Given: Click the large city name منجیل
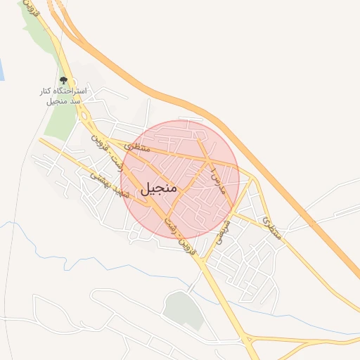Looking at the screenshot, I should pyautogui.click(x=161, y=189).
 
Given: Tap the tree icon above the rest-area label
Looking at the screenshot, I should pyautogui.click(x=64, y=81).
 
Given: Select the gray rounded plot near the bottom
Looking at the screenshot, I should pyautogui.click(x=183, y=309).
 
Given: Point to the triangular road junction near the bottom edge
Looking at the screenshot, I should pyautogui.click(x=249, y=342).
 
